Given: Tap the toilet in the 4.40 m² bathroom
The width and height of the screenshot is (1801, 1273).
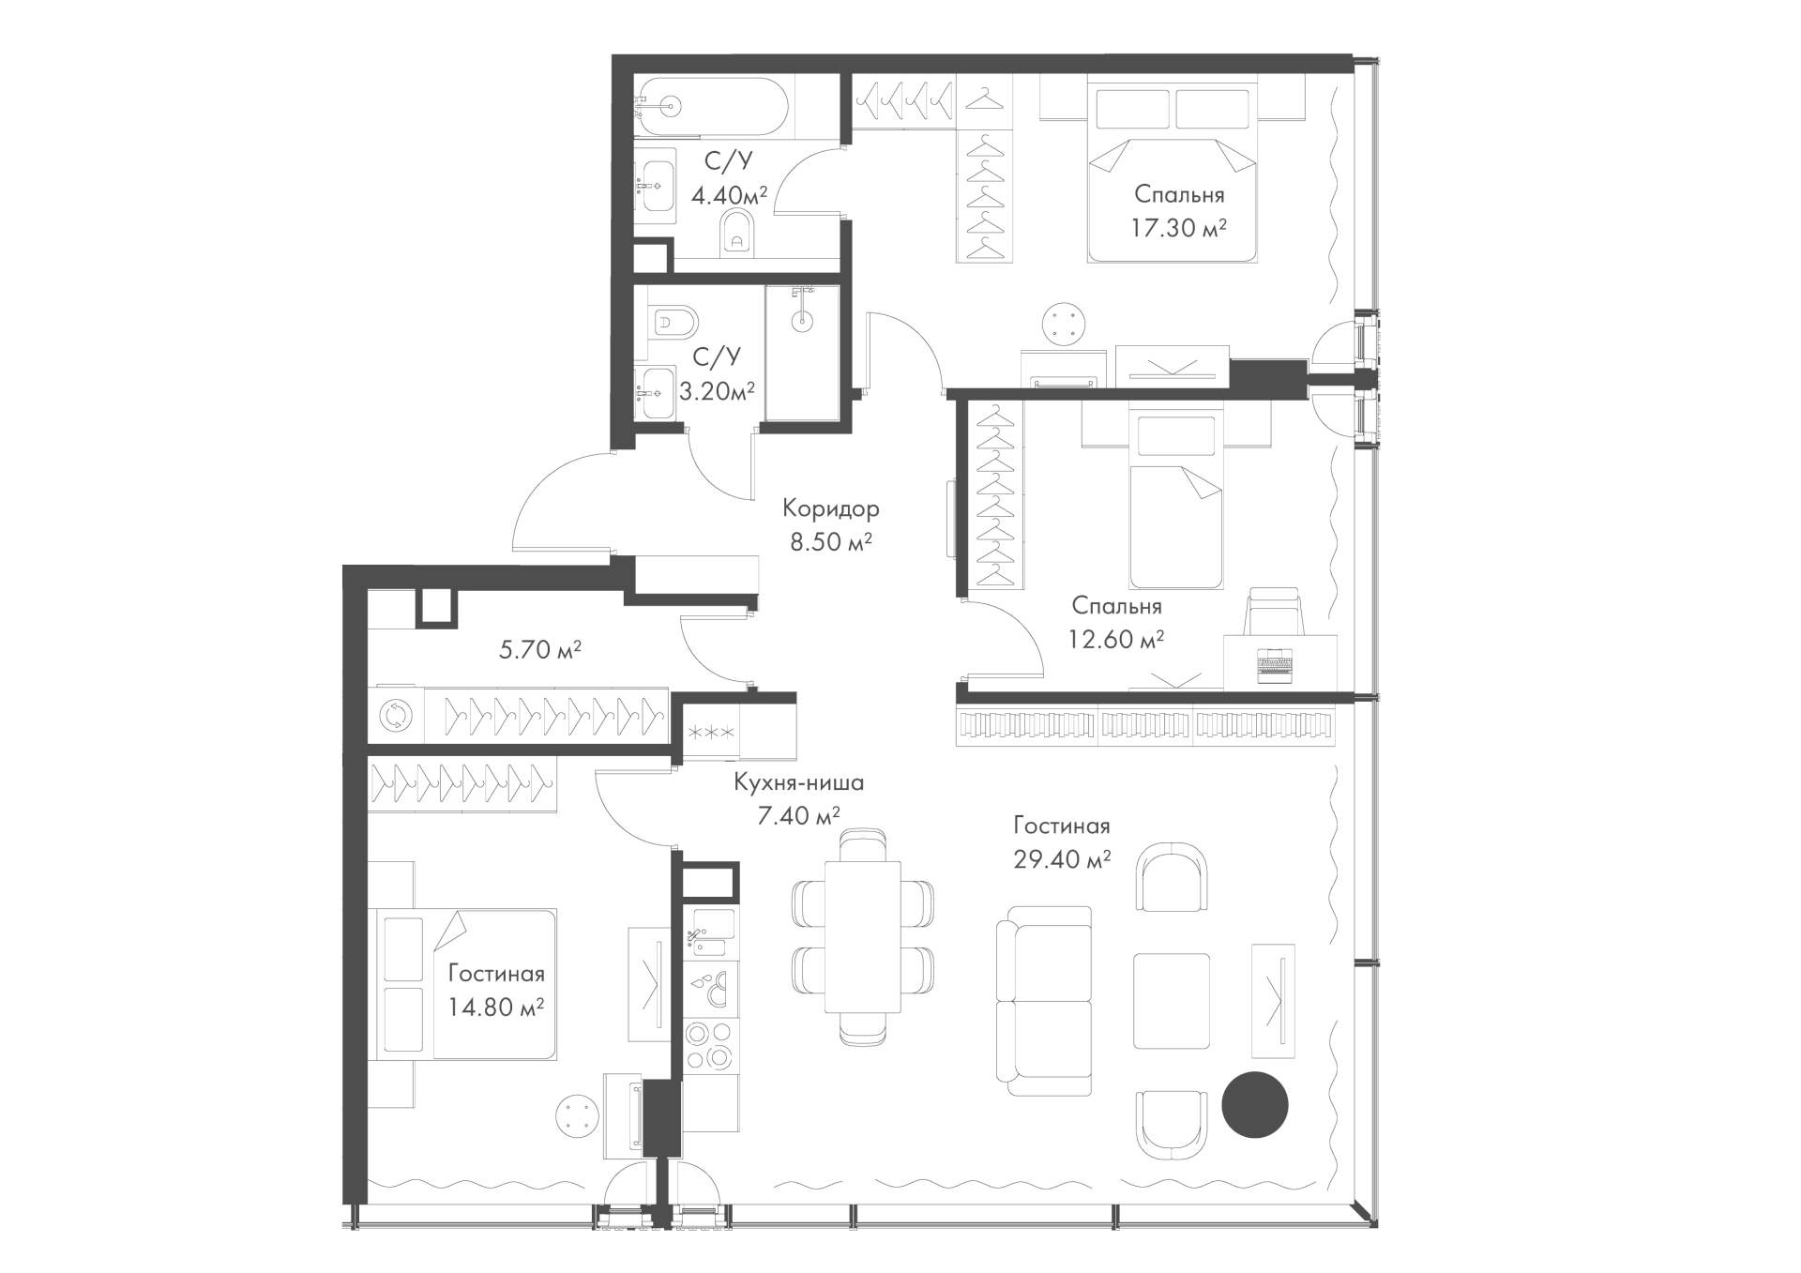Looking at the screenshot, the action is [737, 233].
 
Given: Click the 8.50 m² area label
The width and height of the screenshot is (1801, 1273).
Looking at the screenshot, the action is [831, 542].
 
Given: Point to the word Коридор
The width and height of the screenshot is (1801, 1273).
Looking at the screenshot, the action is [831, 509].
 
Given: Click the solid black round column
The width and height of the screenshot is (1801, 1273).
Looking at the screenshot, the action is [1255, 1105].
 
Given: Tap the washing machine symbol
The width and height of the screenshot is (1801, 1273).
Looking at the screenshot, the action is [395, 717].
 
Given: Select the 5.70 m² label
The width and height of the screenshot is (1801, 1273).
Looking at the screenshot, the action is [540, 649].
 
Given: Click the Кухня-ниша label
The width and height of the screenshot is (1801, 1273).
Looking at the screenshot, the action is [798, 782].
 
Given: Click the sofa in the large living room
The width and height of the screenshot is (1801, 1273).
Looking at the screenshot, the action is [1044, 1001].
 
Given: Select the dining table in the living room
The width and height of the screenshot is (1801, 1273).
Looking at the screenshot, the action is [862, 937].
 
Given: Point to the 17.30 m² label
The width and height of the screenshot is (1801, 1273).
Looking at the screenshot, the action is [1179, 229].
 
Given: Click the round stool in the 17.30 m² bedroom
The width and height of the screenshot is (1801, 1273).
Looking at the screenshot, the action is [1066, 324].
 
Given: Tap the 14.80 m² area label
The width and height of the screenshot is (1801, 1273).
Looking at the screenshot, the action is [497, 1008].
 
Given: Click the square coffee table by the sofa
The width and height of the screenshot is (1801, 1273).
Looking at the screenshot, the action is [1172, 1001].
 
